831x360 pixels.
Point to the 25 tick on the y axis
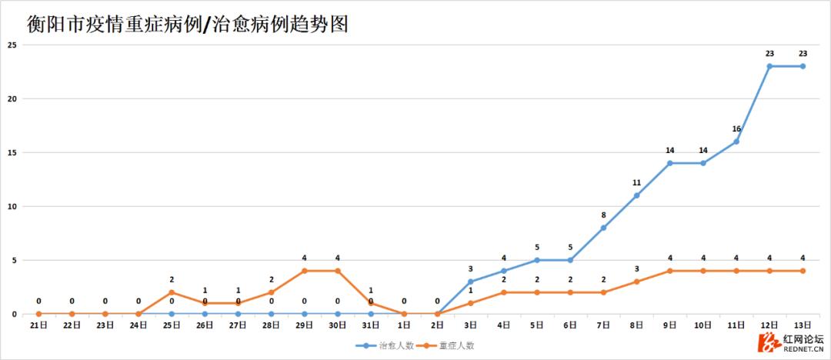(x=12, y=45)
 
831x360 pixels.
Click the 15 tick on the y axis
(x=12, y=152)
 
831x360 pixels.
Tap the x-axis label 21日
(x=38, y=325)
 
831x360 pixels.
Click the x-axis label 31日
(x=371, y=325)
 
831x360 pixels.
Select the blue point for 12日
(x=769, y=66)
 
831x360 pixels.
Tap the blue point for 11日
(x=736, y=142)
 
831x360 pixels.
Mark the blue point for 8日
(x=636, y=195)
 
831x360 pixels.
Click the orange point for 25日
(x=172, y=292)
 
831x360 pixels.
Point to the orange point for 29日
(x=305, y=271)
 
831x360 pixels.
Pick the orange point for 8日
(x=636, y=282)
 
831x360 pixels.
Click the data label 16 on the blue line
(x=736, y=129)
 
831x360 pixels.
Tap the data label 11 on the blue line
(x=636, y=183)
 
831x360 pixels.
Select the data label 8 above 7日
(x=603, y=215)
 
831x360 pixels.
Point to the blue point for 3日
(x=470, y=282)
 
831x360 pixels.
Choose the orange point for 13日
(x=803, y=271)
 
